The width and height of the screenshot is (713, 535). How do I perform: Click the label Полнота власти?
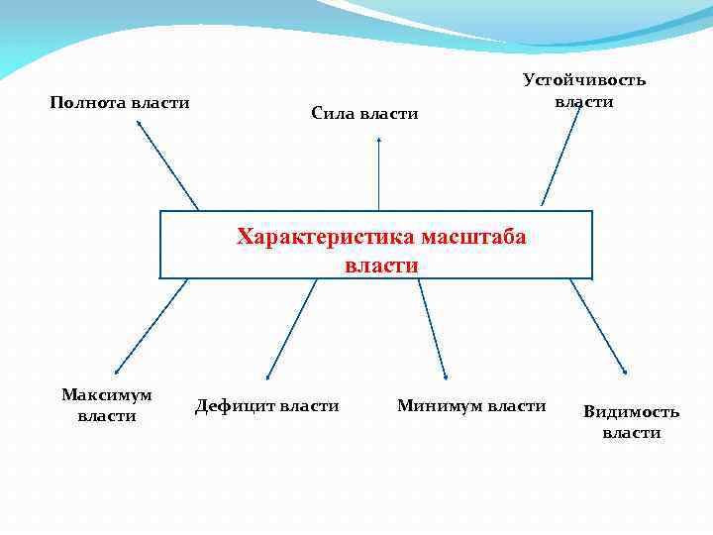(x=120, y=102)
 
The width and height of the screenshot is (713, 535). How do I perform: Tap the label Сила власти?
(x=364, y=114)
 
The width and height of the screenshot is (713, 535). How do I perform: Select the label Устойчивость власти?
(x=584, y=90)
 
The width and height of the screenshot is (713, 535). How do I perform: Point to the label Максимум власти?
(x=107, y=405)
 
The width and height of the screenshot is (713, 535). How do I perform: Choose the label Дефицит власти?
(x=267, y=405)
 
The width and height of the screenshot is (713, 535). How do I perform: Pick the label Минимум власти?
(x=471, y=405)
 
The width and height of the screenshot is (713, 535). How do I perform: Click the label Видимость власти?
(x=632, y=422)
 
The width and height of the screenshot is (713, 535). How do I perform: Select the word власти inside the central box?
(x=382, y=266)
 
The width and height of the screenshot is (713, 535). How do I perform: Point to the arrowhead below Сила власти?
(x=379, y=142)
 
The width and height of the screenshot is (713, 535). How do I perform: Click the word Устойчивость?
(x=584, y=80)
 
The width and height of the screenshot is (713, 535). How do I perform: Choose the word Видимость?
(x=632, y=412)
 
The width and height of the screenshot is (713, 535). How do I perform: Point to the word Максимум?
(x=107, y=395)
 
